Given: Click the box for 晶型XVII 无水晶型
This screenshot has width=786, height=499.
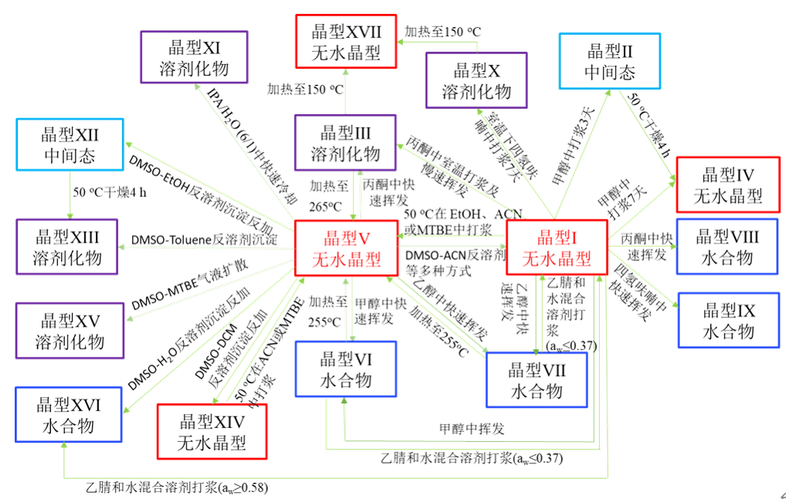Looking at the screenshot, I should [345, 40].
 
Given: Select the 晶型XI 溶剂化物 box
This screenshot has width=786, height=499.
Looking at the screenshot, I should [194, 56].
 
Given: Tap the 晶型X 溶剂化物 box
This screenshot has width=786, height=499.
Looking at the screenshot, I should [476, 80].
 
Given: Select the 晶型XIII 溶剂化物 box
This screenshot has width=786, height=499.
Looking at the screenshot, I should [70, 246].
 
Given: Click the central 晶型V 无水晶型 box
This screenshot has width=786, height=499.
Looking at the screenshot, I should [345, 247].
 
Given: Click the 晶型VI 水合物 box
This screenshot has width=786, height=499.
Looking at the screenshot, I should [345, 368].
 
